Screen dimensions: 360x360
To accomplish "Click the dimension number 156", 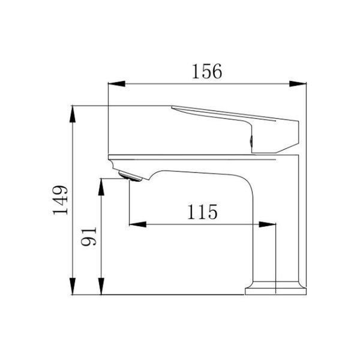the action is [207, 71].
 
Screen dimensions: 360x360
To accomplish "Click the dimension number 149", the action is [61, 200].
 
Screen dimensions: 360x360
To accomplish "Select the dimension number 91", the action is [89, 236].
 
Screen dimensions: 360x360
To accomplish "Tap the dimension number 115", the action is [202, 212].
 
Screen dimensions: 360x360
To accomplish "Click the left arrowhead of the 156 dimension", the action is [116, 84].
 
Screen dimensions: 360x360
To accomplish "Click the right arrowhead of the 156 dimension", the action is [298, 84].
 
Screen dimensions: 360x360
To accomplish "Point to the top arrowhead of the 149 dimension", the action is [73, 114].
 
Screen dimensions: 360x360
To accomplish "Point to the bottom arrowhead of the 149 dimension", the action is [73, 286].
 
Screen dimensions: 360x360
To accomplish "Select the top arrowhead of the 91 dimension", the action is [101, 187].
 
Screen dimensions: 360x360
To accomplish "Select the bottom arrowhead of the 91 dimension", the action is [101, 286].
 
